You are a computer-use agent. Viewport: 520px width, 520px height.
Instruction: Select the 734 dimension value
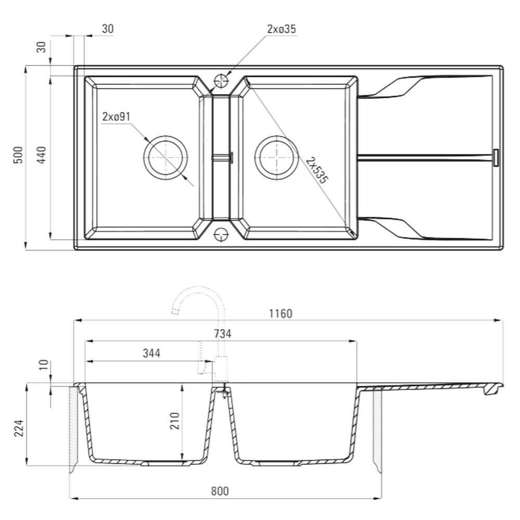pos(222,334)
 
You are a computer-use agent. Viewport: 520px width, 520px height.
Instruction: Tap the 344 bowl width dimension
pos(151,353)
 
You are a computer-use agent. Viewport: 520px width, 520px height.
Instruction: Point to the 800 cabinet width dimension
pos(220,491)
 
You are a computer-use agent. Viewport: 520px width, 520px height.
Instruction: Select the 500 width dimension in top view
pos(18,155)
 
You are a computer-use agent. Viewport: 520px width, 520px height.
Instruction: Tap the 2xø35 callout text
pos(281,29)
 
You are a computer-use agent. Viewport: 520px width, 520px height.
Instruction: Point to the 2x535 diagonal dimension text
pos(317,170)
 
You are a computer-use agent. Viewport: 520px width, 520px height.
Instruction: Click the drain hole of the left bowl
pos(165,158)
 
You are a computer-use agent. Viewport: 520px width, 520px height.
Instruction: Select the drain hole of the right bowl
pos(277,157)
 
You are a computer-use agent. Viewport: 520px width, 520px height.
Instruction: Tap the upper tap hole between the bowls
pos(221,81)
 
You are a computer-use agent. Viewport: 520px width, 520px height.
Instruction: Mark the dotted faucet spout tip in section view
pos(175,311)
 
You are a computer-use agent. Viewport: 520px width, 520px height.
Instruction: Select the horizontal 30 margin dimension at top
pos(107,29)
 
